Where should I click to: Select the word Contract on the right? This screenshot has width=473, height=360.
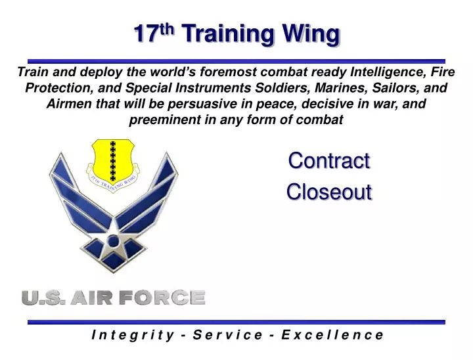329,160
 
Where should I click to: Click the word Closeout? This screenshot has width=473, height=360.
329,191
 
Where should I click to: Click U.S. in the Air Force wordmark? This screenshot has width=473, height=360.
43,298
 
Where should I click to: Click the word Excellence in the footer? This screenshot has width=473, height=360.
332,334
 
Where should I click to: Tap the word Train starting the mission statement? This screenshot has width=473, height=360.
32,72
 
